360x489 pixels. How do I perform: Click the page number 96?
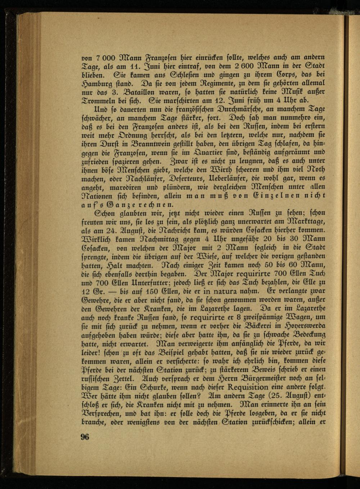click(x=85, y=437)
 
